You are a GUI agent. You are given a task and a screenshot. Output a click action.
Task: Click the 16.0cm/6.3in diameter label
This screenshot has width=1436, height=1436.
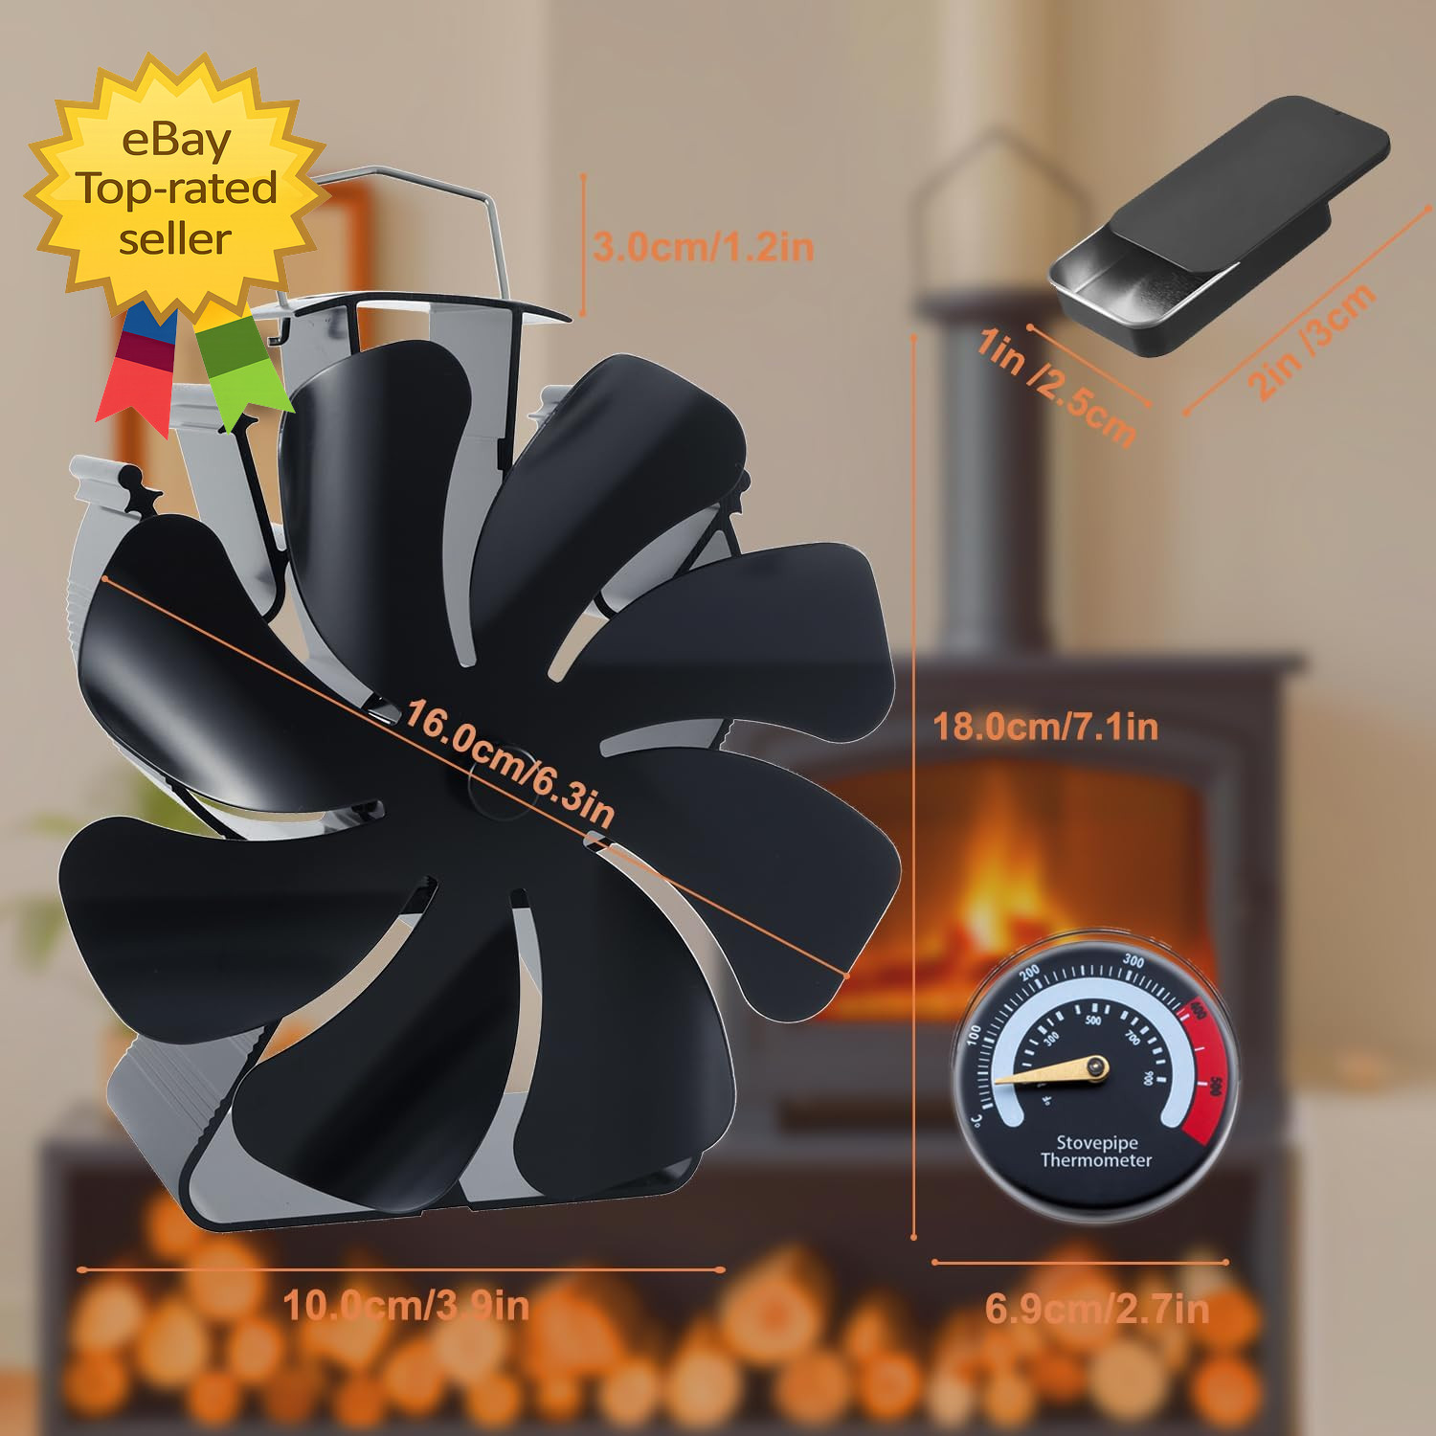pyautogui.click(x=509, y=764)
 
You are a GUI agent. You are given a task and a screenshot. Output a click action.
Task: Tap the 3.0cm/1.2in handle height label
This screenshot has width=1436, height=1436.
pyautogui.click(x=704, y=247)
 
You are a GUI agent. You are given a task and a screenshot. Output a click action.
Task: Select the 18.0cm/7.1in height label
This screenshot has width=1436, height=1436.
pyautogui.click(x=1045, y=727)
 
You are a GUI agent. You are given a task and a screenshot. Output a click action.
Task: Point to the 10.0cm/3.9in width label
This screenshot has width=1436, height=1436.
pyautogui.click(x=406, y=1306)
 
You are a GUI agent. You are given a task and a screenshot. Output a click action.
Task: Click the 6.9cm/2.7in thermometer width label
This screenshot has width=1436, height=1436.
pyautogui.click(x=1096, y=1309)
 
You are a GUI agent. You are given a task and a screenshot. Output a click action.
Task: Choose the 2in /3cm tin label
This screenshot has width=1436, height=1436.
pyautogui.click(x=1311, y=341)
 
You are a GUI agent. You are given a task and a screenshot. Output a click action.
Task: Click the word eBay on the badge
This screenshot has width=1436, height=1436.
pyautogui.click(x=176, y=141)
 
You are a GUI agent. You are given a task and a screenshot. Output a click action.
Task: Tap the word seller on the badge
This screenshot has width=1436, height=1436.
pyautogui.click(x=175, y=238)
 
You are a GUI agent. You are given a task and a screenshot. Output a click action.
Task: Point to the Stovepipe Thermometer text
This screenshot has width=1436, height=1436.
pyautogui.click(x=1096, y=1151)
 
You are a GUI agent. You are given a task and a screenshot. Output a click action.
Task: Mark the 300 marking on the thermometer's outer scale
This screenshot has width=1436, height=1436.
pyautogui.click(x=1133, y=961)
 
